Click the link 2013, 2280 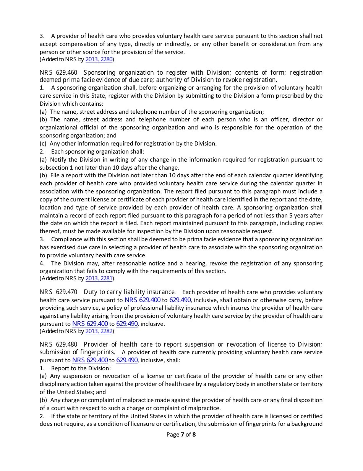[x=99, y=59]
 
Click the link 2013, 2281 [x=99, y=278]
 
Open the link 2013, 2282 [x=99, y=331]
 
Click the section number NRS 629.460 [x=58, y=72]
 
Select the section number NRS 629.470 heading [x=58, y=292]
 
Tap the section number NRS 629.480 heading [x=58, y=344]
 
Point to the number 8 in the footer [x=194, y=434]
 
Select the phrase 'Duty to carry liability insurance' [x=130, y=292]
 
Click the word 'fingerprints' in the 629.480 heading [x=97, y=352]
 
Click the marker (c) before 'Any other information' [x=44, y=143]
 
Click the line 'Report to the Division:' [x=81, y=368]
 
